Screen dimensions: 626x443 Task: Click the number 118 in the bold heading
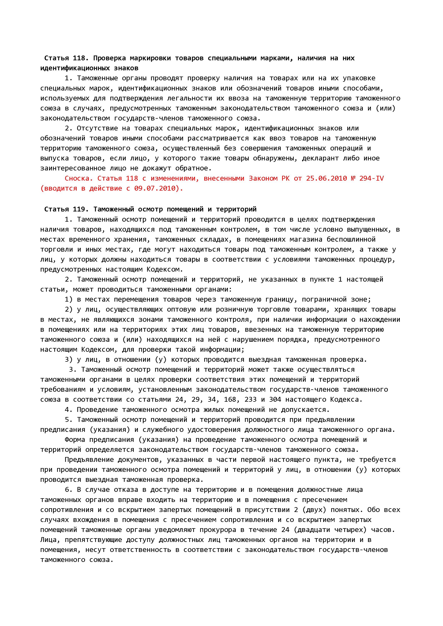click(x=79, y=58)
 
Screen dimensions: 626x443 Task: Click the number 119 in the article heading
click(x=79, y=209)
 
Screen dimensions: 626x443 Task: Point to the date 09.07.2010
click(x=155, y=188)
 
